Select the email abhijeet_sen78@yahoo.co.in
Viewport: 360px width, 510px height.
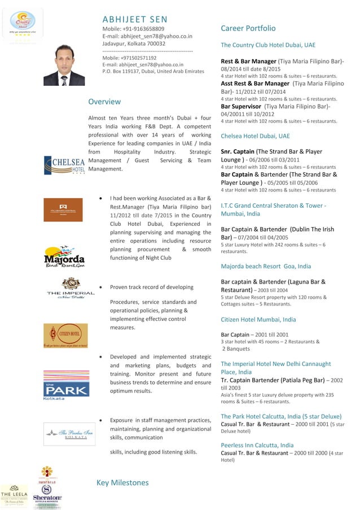pos(147,36)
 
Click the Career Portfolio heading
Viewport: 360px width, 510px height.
pos(248,28)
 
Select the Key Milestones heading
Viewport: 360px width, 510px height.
pos(122,482)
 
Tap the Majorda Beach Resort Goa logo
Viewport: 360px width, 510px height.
pos(64,256)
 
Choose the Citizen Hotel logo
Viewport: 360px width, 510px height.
pos(65,335)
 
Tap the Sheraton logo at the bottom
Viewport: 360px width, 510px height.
pos(47,496)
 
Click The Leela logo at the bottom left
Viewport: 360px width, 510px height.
pos(14,496)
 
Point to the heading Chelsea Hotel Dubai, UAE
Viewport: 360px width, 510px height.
pos(255,136)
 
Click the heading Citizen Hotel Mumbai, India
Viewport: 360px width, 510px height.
pos(258,320)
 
